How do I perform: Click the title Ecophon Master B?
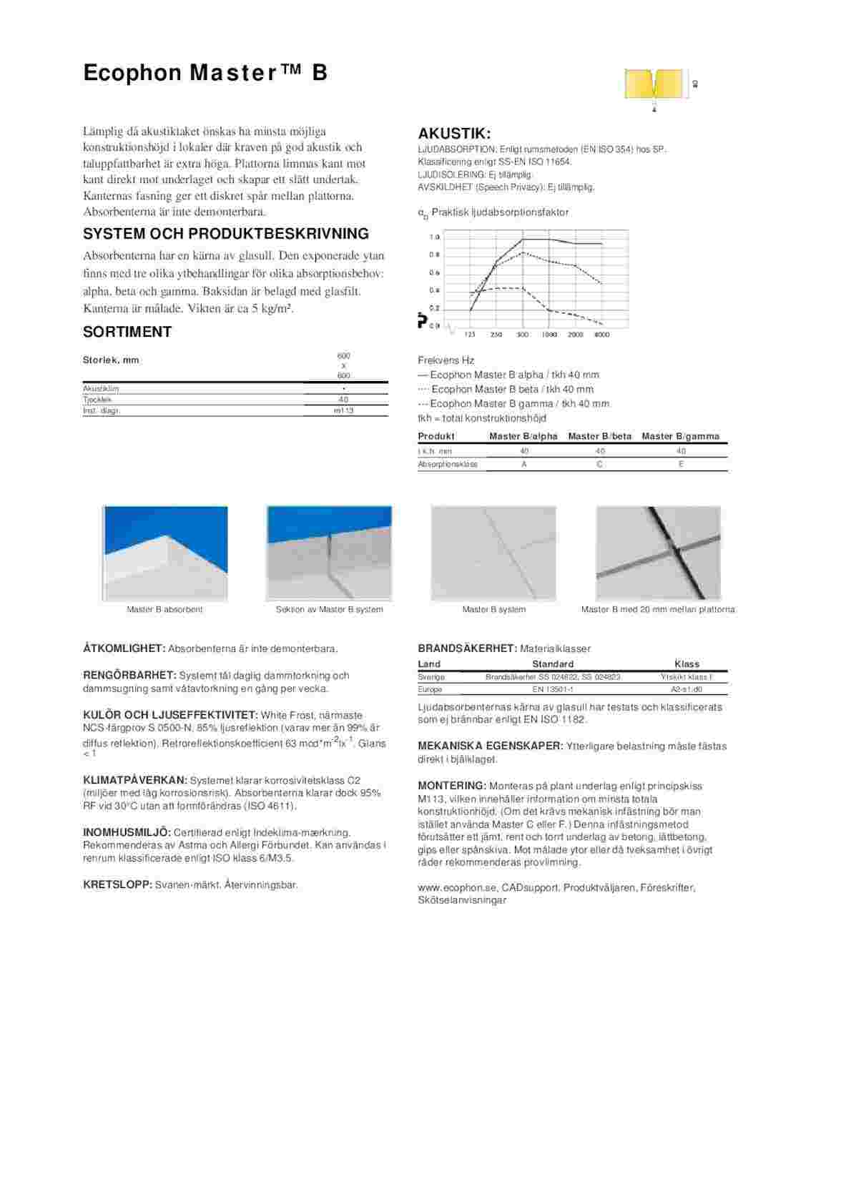click(x=205, y=73)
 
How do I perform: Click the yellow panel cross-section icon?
click(x=654, y=84)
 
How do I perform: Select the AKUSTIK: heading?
click(x=454, y=134)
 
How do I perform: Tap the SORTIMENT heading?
click(x=127, y=332)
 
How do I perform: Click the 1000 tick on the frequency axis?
click(x=549, y=335)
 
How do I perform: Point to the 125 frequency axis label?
click(x=470, y=335)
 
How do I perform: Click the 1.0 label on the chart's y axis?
click(x=434, y=237)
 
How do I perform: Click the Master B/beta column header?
click(x=599, y=436)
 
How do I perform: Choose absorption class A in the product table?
click(x=524, y=464)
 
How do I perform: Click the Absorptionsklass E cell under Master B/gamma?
click(x=681, y=464)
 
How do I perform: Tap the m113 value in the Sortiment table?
click(x=343, y=410)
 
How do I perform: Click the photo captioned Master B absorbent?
click(x=165, y=553)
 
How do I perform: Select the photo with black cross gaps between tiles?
click(x=658, y=553)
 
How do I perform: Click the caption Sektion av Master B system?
click(x=329, y=610)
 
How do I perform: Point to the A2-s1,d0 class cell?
click(x=687, y=689)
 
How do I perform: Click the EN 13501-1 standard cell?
click(x=553, y=689)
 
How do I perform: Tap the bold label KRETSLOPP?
click(x=117, y=885)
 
